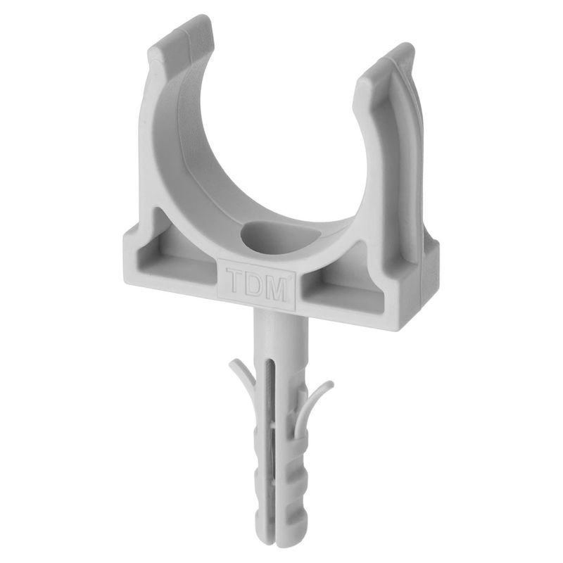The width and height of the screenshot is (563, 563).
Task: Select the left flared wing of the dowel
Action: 241,377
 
